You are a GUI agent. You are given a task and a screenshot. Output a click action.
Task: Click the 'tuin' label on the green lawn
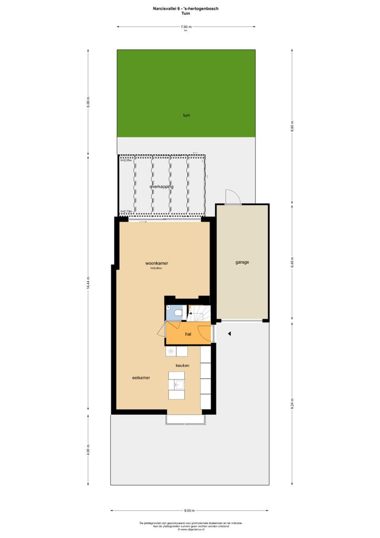coord(186,115)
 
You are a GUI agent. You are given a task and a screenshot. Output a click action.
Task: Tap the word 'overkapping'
coord(161,187)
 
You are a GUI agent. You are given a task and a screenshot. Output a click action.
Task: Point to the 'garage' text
coord(242,262)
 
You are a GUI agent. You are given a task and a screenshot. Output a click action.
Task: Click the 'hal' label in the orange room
coord(188,334)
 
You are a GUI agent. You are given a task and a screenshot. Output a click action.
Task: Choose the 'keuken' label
coord(183,365)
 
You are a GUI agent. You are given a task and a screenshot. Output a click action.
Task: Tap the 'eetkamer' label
coord(141,377)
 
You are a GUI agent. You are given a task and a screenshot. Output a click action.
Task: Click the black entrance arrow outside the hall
coord(229,333)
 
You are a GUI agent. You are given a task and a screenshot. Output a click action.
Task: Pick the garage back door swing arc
coord(233,197)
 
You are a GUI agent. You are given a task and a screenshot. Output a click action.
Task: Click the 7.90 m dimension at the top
coord(186,26)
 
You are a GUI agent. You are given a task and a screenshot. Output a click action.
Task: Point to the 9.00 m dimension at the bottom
coord(189,511)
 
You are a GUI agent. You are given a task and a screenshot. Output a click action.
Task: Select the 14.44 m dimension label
coord(89,283)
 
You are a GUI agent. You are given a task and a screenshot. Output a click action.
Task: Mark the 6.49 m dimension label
coord(292,263)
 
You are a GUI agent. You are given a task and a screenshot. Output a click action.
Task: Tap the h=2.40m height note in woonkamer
coord(156,268)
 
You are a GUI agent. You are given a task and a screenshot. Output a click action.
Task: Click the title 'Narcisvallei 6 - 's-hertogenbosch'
coord(186,8)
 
